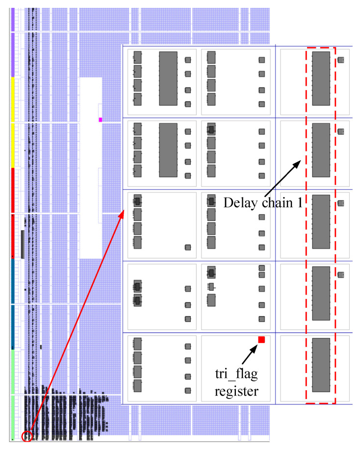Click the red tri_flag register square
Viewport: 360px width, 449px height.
[x=261, y=340]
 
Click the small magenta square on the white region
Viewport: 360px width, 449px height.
[x=101, y=120]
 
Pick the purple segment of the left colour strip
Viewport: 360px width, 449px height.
[x=13, y=42]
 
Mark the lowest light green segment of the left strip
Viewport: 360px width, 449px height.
[x=13, y=417]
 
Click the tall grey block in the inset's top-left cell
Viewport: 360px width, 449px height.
[x=168, y=78]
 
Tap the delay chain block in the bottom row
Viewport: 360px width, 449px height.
[x=321, y=365]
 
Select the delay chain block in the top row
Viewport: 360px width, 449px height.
[x=321, y=78]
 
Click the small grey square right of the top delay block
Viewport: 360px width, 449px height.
[x=341, y=60]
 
